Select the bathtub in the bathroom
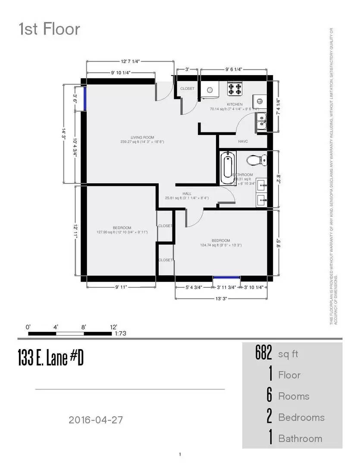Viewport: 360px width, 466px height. click(x=227, y=167)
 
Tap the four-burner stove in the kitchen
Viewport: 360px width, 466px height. click(x=235, y=89)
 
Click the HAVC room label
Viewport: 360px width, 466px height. click(x=243, y=142)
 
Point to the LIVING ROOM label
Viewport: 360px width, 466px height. click(x=142, y=137)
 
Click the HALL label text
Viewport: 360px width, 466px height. click(x=187, y=194)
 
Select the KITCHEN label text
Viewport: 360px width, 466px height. click(x=235, y=104)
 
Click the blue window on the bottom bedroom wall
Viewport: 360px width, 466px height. click(x=227, y=278)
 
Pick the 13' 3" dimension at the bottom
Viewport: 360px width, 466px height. click(x=221, y=299)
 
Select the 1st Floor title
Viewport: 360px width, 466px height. click(x=49, y=29)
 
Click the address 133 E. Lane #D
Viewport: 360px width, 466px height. click(x=50, y=358)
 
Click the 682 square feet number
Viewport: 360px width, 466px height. click(x=263, y=353)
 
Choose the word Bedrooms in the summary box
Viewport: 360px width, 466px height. click(x=301, y=417)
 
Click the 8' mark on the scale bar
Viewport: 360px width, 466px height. click(x=83, y=327)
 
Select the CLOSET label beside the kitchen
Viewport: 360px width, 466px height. click(x=187, y=88)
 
